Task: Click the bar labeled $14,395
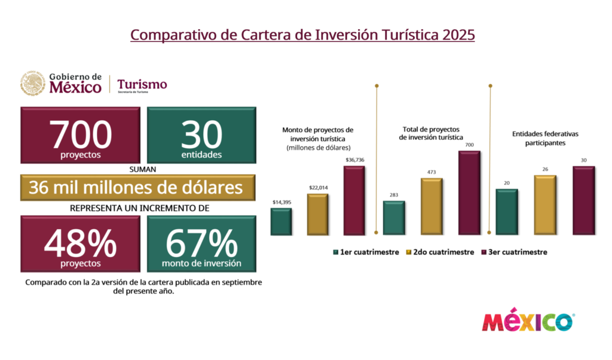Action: pos(281,221)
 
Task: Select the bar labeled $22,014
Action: pos(317,214)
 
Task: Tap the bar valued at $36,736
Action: pos(354,200)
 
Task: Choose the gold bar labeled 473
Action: pos(431,206)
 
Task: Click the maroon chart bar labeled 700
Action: pos(469,193)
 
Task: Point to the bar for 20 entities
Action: pos(507,212)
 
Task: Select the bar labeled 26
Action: pos(545,205)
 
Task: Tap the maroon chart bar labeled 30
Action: pos(583,200)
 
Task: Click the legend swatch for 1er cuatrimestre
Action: pos(336,252)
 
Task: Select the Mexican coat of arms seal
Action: pos(33,84)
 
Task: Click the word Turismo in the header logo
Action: pos(142,84)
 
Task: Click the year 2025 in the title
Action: pos(458,34)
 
